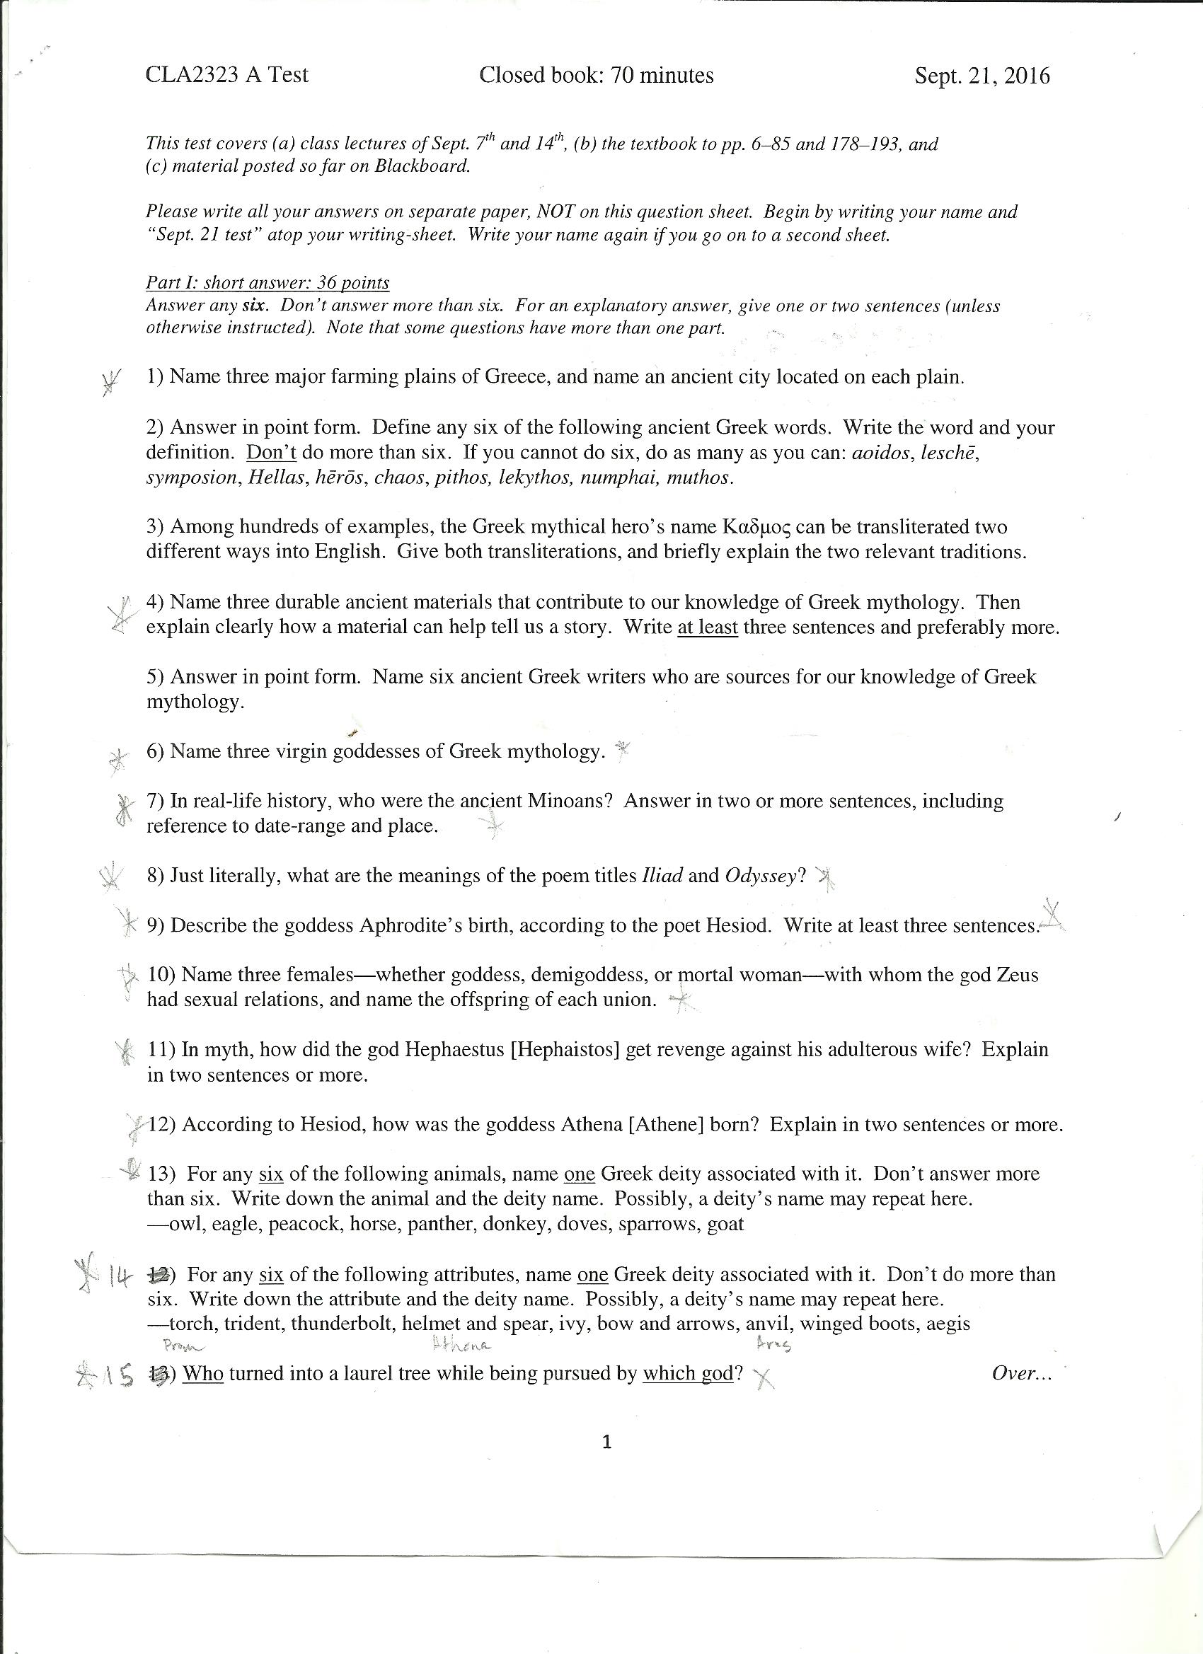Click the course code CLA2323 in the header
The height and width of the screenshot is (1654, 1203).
click(192, 75)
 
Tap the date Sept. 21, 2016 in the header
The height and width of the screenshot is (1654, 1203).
click(982, 76)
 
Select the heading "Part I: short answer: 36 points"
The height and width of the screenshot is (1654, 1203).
click(267, 282)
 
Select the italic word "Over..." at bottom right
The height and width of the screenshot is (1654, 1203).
click(1021, 1373)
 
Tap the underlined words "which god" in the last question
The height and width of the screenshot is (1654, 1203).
click(687, 1373)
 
